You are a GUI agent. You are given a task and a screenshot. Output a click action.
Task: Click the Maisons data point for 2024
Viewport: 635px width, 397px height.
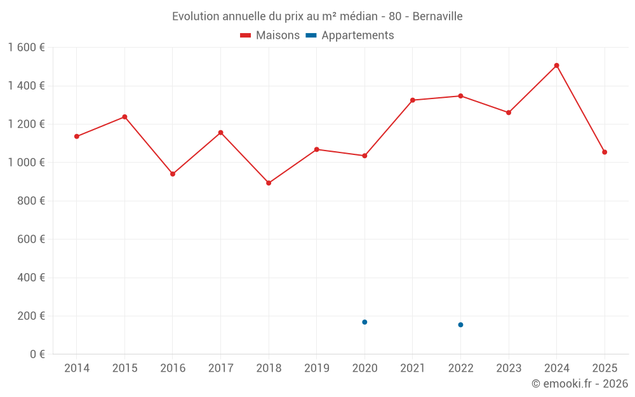[x=556, y=65]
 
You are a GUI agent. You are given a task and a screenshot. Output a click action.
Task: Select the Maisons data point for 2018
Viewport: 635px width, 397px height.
[x=269, y=183]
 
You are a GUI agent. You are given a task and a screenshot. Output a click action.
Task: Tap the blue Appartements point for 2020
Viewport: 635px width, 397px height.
[x=364, y=322]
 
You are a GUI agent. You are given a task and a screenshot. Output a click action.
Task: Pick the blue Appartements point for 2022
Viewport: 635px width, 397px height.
[x=460, y=325]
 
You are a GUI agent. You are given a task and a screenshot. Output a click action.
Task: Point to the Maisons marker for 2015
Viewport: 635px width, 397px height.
[x=124, y=117]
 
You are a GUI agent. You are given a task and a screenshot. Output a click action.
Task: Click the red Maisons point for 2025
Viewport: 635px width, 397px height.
[x=605, y=152]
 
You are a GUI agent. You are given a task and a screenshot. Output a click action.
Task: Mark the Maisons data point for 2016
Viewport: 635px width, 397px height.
[x=173, y=174]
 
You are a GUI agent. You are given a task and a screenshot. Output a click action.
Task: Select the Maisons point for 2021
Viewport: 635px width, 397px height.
[x=413, y=100]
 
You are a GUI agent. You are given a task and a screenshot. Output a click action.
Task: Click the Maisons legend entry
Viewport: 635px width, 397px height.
[x=270, y=36]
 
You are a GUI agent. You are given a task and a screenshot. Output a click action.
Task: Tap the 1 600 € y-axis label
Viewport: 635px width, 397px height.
[x=26, y=48]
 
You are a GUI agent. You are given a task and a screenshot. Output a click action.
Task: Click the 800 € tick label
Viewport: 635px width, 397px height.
[x=29, y=201]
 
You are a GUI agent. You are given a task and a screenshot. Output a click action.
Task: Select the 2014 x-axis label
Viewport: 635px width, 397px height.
[x=77, y=368]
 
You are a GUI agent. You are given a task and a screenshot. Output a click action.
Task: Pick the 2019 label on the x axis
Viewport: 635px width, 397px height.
[x=316, y=368]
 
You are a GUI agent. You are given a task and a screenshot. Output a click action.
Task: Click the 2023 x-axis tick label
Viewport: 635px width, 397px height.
[x=509, y=368]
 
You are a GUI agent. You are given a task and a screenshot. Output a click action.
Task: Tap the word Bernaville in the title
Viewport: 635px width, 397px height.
[x=438, y=16]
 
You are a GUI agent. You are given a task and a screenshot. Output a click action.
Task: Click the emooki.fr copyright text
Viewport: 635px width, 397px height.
[x=580, y=384]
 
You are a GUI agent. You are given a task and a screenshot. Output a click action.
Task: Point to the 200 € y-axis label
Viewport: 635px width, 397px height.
[x=29, y=316]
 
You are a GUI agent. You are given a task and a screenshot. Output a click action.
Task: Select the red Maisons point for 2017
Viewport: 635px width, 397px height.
[x=220, y=133]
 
